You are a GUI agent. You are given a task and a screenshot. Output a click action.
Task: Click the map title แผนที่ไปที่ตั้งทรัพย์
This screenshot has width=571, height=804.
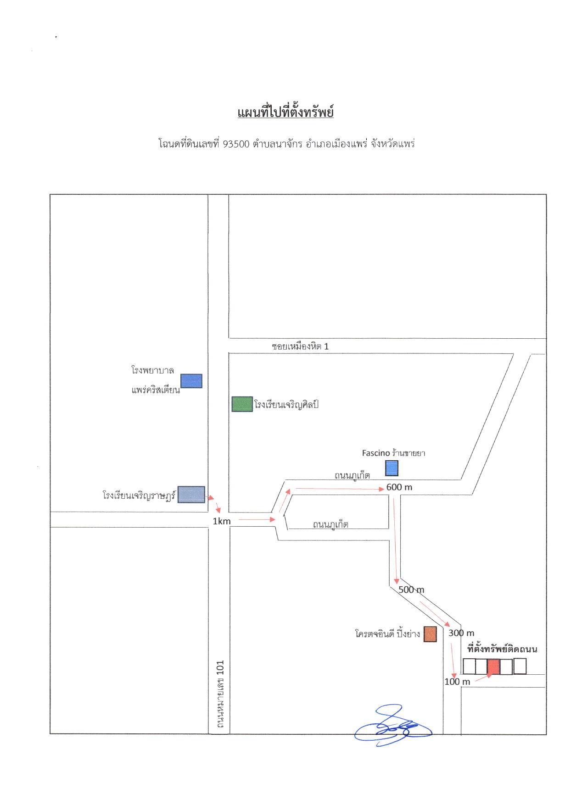tap(285, 112)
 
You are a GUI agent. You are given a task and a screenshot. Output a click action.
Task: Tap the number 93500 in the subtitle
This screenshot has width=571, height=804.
tap(236, 144)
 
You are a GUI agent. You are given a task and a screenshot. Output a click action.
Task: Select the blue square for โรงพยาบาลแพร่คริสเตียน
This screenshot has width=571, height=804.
tap(191, 381)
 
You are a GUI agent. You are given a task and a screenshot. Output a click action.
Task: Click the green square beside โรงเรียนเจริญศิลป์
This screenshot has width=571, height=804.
tap(242, 404)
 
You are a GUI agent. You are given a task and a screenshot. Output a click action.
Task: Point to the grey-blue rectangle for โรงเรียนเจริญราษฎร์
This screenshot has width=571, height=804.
tap(191, 494)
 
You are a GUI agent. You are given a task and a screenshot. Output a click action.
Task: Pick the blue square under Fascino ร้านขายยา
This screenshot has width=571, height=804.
tap(392, 468)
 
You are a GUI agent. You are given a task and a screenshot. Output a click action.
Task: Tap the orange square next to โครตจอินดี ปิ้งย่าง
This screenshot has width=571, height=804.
tap(430, 634)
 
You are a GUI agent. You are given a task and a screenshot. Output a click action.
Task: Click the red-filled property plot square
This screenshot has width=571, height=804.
tap(493, 666)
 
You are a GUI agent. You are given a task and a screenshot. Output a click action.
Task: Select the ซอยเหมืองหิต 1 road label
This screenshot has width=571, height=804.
tap(300, 347)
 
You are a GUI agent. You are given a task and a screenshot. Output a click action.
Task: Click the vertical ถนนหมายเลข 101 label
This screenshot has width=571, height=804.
tap(220, 694)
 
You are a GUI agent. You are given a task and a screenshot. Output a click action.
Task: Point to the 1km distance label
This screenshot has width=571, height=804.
tap(221, 521)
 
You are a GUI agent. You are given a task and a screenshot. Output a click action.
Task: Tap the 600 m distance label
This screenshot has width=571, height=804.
tap(399, 487)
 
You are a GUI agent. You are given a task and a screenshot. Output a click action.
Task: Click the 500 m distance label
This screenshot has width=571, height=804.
tap(411, 589)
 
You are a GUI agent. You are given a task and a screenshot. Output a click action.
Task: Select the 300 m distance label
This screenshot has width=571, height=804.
tap(461, 633)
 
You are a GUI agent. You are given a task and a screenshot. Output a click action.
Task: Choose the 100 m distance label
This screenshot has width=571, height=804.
tap(457, 682)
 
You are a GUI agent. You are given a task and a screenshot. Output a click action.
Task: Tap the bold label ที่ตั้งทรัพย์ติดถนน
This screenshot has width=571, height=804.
tap(502, 649)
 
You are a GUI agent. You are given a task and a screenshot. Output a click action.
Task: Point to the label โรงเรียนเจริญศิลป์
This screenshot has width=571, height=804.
tap(286, 405)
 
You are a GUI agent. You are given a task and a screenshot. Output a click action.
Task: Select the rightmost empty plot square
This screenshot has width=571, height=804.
tap(520, 666)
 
